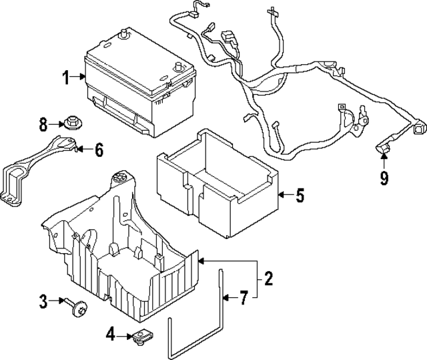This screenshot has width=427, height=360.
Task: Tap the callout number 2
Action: pyautogui.click(x=268, y=279)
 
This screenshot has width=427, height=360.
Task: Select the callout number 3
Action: pyautogui.click(x=43, y=302)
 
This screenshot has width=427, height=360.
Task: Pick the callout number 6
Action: pyautogui.click(x=98, y=150)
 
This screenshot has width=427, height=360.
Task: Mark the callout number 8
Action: pyautogui.click(x=43, y=124)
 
